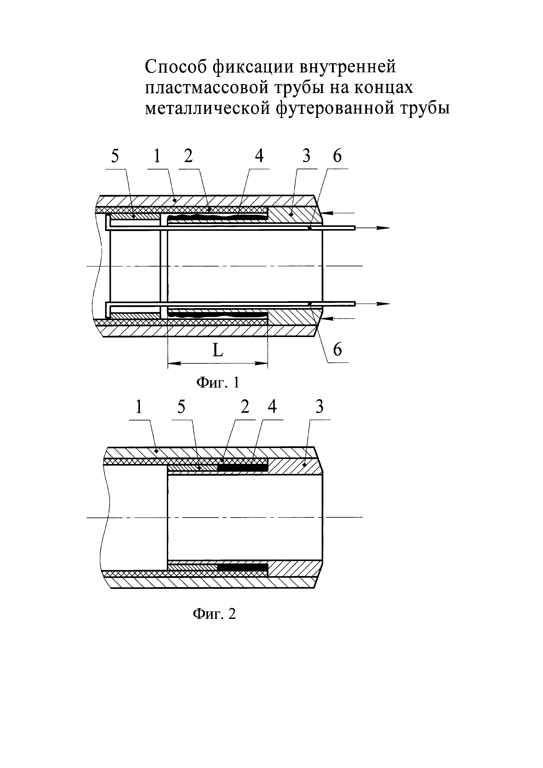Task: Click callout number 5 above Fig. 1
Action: [x=115, y=156]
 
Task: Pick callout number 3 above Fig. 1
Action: [x=306, y=156]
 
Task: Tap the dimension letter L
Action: [x=218, y=351]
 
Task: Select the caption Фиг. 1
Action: [x=218, y=382]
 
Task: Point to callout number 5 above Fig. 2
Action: [x=181, y=407]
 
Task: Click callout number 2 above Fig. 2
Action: [x=245, y=407]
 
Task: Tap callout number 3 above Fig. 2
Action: [x=320, y=407]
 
